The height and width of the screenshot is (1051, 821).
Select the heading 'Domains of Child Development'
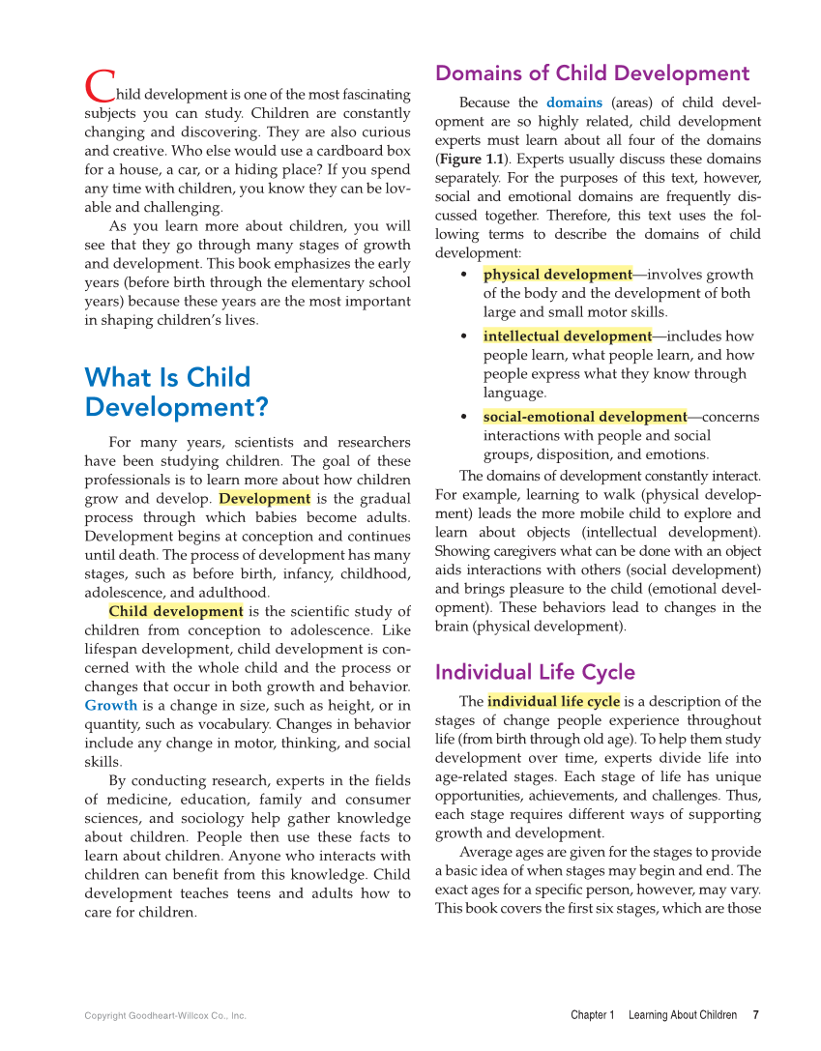592,73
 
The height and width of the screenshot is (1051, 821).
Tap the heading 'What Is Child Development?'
176,392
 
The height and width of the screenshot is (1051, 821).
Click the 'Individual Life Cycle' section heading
535,672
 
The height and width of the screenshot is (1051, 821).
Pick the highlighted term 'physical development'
557,275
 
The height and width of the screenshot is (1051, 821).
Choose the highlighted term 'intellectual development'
567,336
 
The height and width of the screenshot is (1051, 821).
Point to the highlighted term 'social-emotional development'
584,417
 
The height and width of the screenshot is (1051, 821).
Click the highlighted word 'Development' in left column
264,499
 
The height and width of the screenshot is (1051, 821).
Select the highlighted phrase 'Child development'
175,611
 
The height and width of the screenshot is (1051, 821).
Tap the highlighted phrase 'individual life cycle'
553,702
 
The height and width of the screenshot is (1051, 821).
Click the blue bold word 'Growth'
111,705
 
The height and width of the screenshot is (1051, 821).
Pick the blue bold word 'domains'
574,102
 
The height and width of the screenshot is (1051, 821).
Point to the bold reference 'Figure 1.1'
470,159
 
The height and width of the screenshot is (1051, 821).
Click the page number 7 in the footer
755,1015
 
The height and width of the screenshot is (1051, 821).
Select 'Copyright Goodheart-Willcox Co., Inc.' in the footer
165,1016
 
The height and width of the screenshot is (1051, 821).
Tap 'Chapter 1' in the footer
592,1015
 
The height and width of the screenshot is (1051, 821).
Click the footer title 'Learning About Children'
682,1015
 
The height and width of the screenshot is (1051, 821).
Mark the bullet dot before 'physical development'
464,276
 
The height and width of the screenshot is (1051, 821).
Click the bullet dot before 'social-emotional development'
464,418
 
